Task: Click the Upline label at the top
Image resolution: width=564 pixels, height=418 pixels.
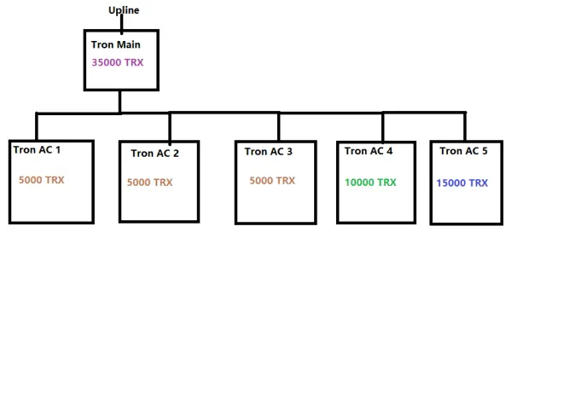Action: (124, 10)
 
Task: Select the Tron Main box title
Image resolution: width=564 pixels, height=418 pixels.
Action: (116, 44)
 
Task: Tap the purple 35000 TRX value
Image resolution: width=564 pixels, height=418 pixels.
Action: (118, 62)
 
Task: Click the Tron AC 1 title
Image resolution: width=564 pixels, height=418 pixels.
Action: (37, 149)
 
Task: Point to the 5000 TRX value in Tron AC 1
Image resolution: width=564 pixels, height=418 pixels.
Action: (41, 180)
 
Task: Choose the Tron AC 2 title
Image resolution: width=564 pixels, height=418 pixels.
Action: (154, 154)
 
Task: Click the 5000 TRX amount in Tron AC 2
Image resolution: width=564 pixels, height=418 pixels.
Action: (149, 183)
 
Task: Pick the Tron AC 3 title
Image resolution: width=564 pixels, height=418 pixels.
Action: (268, 152)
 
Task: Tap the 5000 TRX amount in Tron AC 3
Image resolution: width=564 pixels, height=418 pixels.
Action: (272, 181)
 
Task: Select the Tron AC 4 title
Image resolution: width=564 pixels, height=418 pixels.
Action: (369, 151)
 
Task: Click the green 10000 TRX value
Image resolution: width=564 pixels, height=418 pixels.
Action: (370, 183)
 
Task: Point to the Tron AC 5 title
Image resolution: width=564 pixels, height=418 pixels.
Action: (463, 151)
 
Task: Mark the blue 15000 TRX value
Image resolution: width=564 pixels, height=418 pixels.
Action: (462, 183)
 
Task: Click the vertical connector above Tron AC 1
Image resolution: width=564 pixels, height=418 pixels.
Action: (37, 127)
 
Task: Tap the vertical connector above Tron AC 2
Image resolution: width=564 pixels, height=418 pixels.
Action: (170, 127)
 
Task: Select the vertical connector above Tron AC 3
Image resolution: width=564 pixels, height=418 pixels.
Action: (279, 126)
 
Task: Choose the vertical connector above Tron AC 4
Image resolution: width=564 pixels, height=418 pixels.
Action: (383, 127)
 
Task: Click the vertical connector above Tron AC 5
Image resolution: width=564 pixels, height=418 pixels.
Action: (465, 126)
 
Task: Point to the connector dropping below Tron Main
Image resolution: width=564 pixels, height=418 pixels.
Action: (119, 102)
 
